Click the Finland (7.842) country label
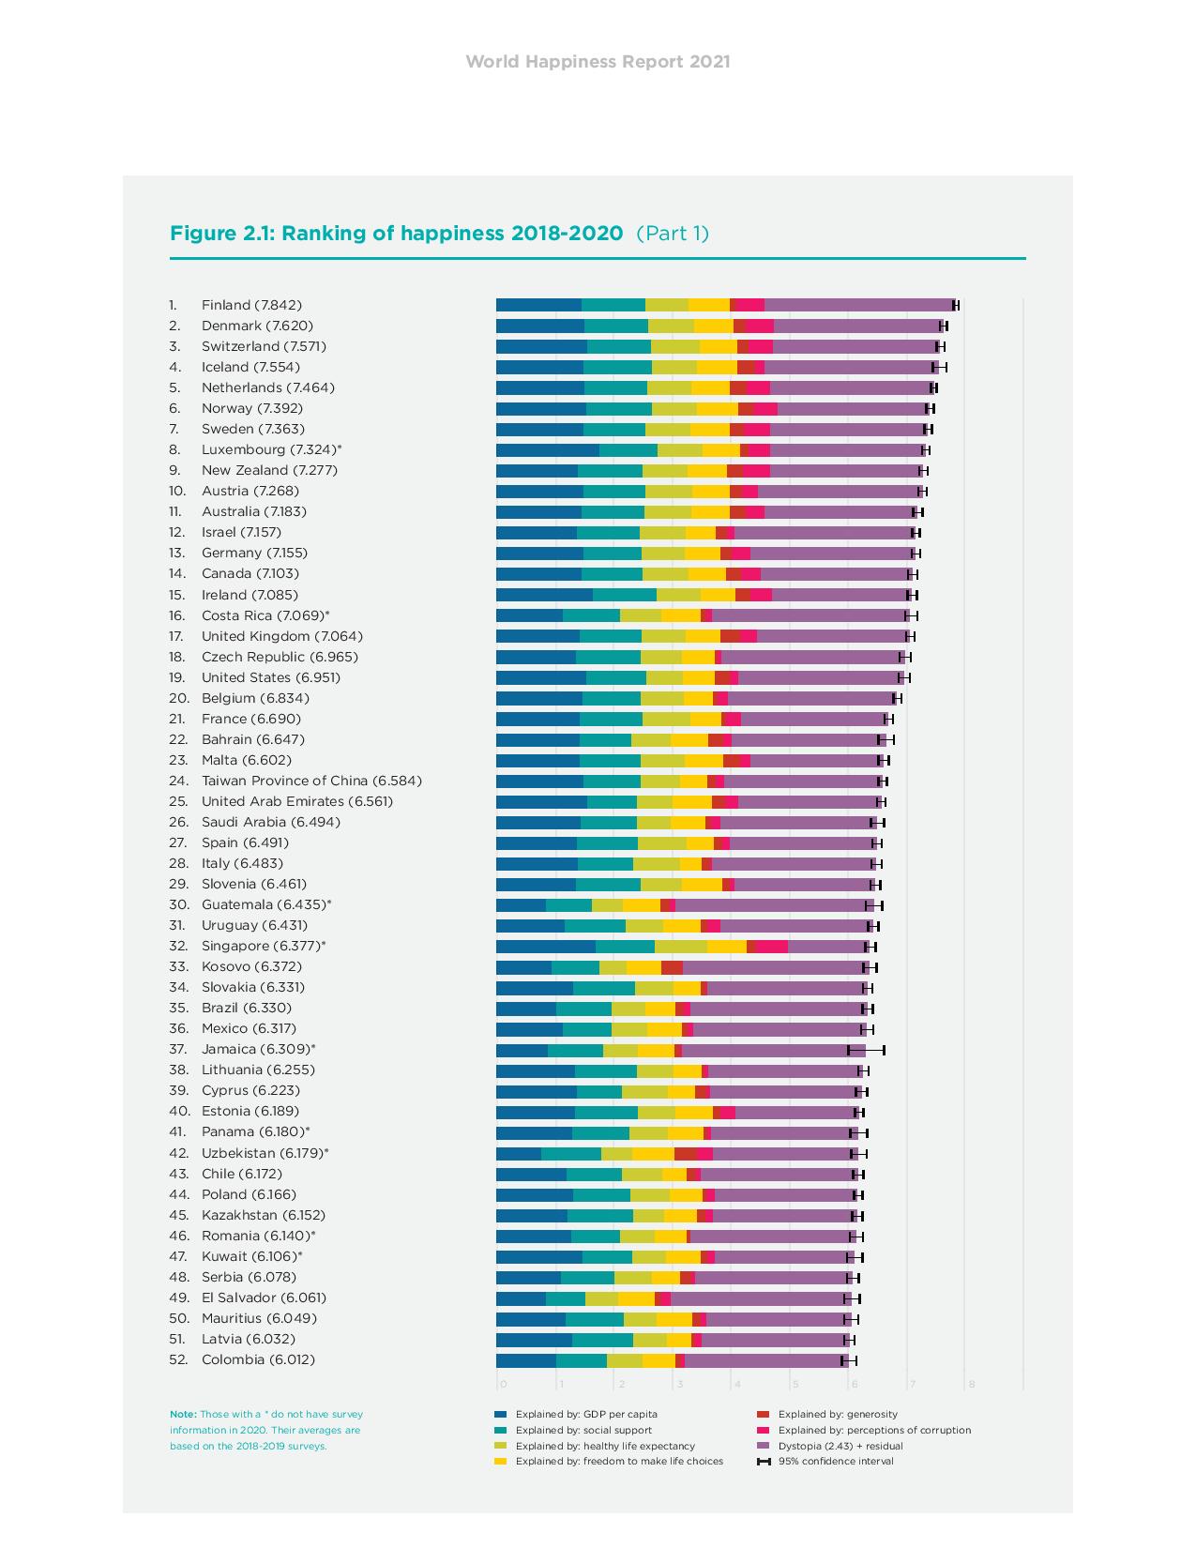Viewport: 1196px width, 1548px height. (x=251, y=305)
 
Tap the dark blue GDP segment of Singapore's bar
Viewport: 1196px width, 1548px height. (x=545, y=947)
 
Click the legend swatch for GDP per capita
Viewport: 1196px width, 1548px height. (x=500, y=1414)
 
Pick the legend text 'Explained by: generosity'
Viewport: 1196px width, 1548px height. (x=838, y=1414)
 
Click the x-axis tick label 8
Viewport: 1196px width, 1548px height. (x=972, y=1384)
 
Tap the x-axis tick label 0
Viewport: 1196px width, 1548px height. (x=503, y=1384)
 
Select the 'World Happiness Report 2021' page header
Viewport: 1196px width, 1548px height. (x=598, y=62)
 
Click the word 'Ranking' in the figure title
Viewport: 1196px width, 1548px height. (x=324, y=234)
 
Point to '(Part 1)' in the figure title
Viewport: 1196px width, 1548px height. (x=673, y=234)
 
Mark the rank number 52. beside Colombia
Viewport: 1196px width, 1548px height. (x=178, y=1359)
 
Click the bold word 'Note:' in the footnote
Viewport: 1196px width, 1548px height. (x=183, y=1414)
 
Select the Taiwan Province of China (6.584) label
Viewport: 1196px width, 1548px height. (x=311, y=781)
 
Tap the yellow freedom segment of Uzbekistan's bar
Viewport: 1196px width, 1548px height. (x=653, y=1153)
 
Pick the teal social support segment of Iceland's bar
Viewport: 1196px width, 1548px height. (x=617, y=367)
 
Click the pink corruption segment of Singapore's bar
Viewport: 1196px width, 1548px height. (x=771, y=947)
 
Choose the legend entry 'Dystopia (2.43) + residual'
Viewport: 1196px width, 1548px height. (x=840, y=1446)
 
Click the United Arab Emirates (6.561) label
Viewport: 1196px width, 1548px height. (x=297, y=801)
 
